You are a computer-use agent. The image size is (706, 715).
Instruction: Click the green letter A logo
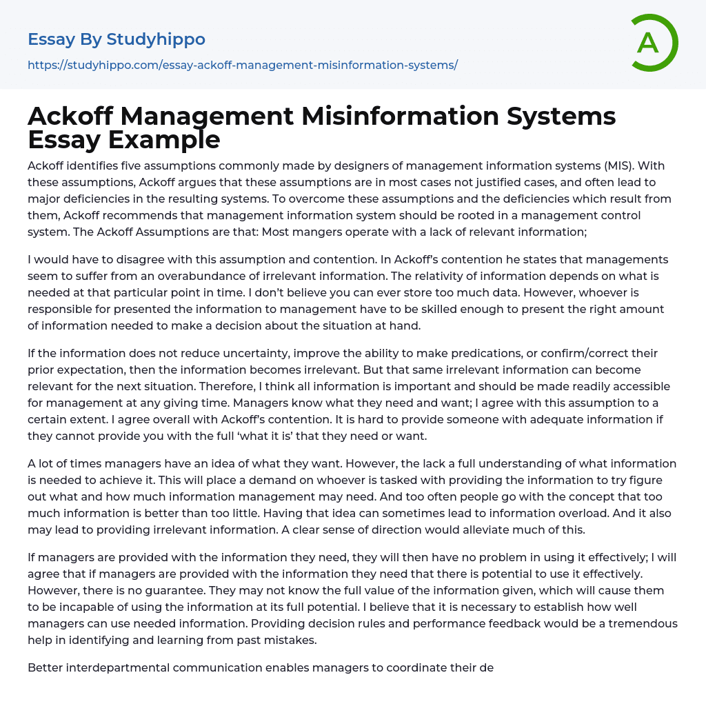653,43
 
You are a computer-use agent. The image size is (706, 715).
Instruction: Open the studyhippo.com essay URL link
243,66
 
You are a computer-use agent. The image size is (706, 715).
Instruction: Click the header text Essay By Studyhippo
117,39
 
